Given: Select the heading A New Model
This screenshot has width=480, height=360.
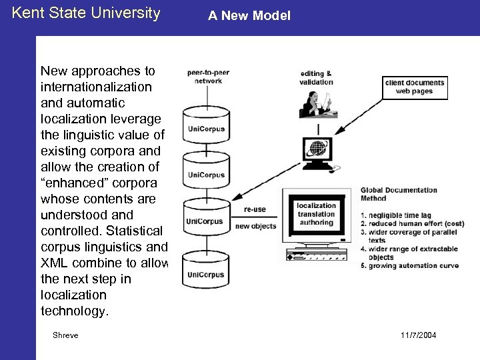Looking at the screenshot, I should tap(249, 15).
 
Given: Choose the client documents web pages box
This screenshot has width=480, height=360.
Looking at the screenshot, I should tap(413, 87).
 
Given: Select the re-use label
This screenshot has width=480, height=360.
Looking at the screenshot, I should tap(255, 209).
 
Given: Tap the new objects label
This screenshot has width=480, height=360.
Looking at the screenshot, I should tap(255, 225).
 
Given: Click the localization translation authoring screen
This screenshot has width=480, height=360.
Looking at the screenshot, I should tap(316, 214).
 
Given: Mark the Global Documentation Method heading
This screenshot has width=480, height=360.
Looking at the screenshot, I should tap(399, 193).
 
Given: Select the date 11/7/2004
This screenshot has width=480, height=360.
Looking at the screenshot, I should tap(420, 335).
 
